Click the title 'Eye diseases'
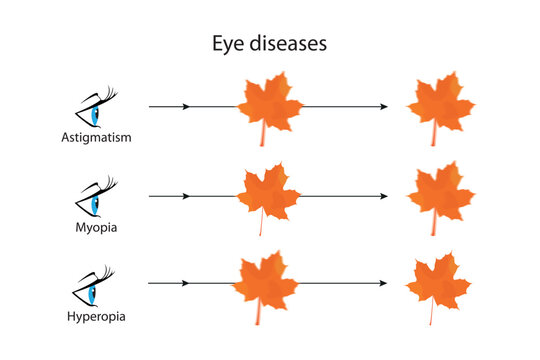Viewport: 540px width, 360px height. coord(269,44)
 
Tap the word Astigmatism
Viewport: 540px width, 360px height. coord(96,135)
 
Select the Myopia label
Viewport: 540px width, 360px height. coord(96,227)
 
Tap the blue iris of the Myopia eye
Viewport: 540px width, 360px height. coord(96,203)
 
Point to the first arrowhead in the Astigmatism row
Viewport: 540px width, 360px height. coord(187,105)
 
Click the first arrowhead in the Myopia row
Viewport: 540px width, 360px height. coord(187,196)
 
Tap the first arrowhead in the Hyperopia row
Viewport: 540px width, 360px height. coord(187,284)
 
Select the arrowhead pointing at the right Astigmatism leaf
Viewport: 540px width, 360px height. coord(383,105)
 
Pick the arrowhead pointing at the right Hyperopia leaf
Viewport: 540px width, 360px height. coord(383,284)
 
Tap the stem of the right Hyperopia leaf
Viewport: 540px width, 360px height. coord(432,314)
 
